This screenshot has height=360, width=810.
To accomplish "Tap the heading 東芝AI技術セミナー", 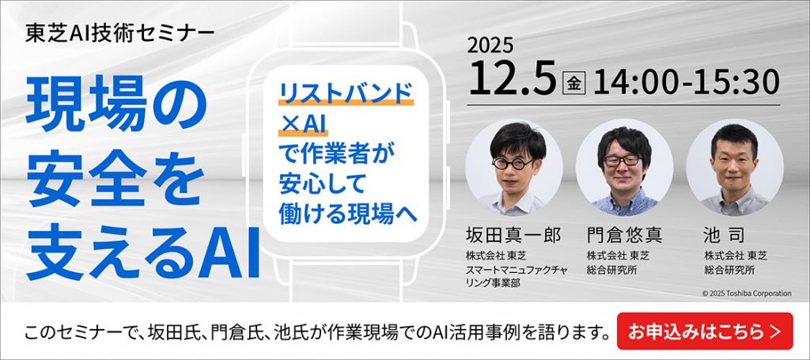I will [119, 34].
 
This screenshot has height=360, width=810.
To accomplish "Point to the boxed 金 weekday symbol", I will [571, 81].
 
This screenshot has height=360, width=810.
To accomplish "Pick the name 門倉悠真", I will [624, 235].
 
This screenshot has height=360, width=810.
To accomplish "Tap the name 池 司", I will [725, 235].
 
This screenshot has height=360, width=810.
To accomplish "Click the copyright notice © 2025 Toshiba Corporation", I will [746, 294].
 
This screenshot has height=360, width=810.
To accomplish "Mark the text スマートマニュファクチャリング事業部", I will [514, 276].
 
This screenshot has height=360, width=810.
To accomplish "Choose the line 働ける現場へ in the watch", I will [348, 212].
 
